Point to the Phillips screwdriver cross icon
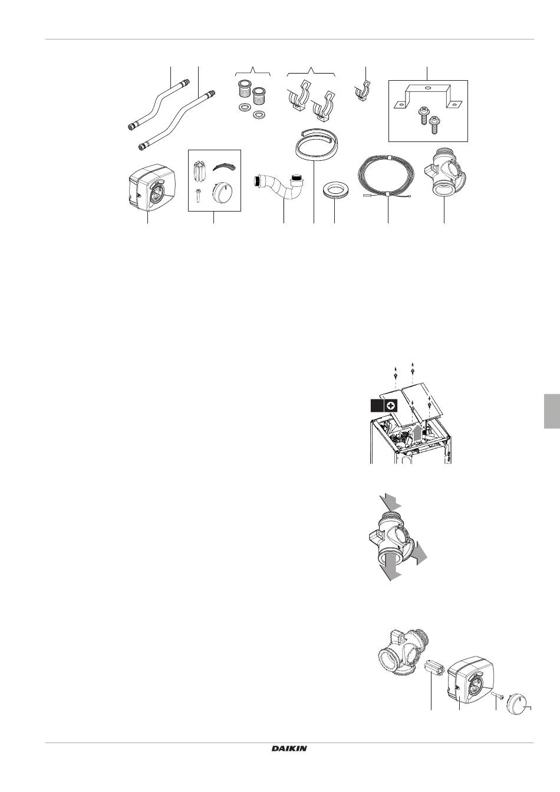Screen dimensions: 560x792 391,405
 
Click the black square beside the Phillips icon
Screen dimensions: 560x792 377,405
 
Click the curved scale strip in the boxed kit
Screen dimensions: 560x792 223,167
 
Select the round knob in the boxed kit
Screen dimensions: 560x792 222,193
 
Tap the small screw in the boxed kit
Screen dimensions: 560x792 199,195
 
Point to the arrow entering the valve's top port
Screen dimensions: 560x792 391,503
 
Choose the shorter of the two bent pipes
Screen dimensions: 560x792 159,106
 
